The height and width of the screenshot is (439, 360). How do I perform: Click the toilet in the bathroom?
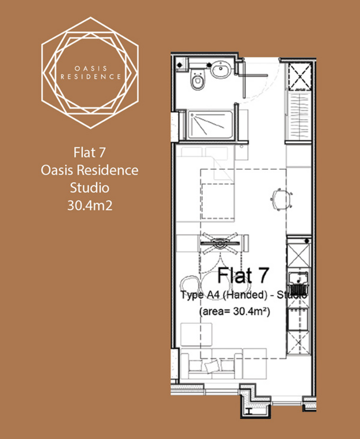pyautogui.click(x=197, y=80)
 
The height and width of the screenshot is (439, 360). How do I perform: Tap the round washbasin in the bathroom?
pyautogui.click(x=221, y=69)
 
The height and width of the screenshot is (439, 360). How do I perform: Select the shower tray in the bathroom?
pyautogui.click(x=210, y=125)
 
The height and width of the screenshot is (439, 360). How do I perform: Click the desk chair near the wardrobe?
pyautogui.click(x=281, y=199)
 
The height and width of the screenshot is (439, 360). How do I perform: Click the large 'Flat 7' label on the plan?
pyautogui.click(x=243, y=275)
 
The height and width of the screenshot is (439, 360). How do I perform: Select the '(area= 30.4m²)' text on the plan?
pyautogui.click(x=234, y=311)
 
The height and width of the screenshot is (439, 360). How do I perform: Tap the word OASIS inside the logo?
pyautogui.click(x=91, y=68)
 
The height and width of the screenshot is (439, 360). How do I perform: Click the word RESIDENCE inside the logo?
pyautogui.click(x=91, y=76)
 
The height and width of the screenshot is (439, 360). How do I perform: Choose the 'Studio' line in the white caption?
pyautogui.click(x=90, y=188)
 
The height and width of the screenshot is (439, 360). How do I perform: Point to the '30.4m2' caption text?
pyautogui.click(x=90, y=205)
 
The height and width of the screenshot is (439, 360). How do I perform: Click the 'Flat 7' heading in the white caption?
pyautogui.click(x=90, y=153)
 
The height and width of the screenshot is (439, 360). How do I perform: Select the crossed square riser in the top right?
pyautogui.click(x=300, y=76)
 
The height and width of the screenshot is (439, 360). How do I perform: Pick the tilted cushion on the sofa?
pyautogui.click(x=212, y=367)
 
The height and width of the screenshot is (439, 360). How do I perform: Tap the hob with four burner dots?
pyautogui.click(x=299, y=319)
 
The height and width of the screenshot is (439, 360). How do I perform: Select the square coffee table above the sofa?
pyautogui.click(x=196, y=334)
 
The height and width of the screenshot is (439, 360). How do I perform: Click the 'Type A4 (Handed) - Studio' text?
pyautogui.click(x=244, y=295)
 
